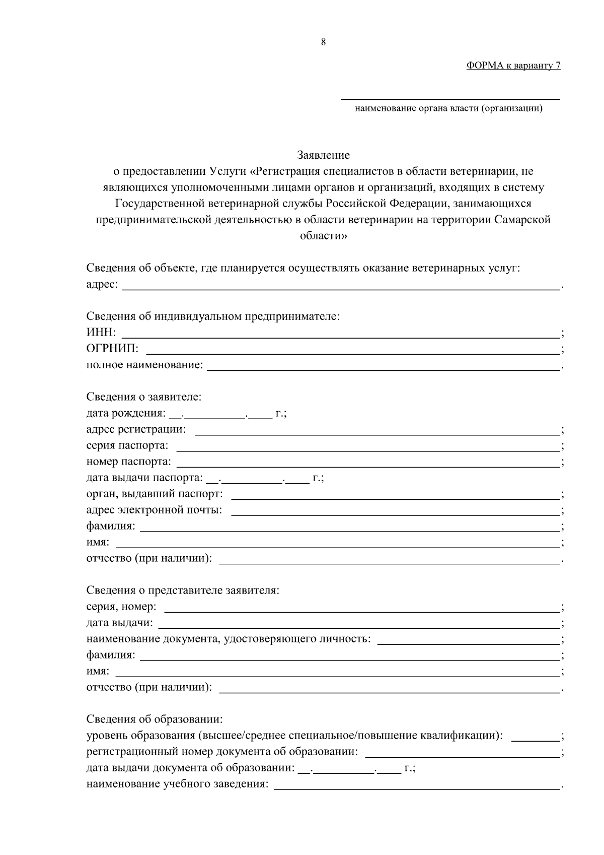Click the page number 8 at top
point(323,42)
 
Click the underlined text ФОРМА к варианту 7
point(513,65)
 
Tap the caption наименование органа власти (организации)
point(448,108)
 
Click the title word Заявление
point(323,155)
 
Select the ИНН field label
point(101,333)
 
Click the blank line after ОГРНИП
point(352,350)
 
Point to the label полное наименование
point(144,365)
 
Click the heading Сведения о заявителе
point(144,397)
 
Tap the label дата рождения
point(125,414)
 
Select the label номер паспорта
point(128,462)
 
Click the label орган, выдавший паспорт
point(154,494)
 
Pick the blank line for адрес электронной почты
point(395,511)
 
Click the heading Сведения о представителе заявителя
point(183,590)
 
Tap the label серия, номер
point(121,607)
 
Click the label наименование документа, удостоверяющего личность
point(229,639)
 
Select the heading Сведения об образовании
point(154,719)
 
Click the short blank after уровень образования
point(535,737)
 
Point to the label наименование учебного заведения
point(177,784)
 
